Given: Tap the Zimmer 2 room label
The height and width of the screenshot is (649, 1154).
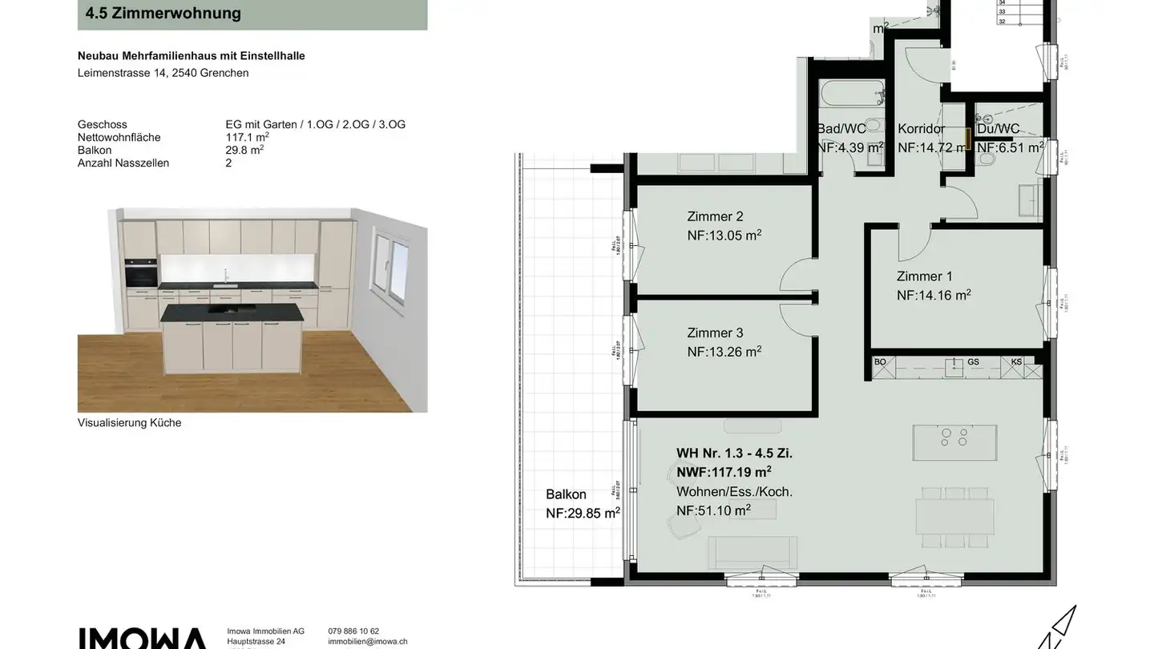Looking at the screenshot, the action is [715, 216].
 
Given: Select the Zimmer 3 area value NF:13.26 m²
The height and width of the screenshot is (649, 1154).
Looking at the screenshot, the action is [724, 350].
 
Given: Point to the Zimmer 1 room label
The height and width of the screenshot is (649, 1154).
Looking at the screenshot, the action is [924, 276].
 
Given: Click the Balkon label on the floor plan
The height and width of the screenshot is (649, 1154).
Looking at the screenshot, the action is [566, 494].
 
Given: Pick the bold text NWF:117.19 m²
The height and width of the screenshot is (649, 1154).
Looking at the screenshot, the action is [723, 472].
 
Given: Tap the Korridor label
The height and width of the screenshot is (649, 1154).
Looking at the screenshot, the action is [921, 129].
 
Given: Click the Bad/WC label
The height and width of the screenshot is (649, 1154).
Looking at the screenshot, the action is [841, 129].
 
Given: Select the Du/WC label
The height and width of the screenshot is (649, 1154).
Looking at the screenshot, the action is [999, 129].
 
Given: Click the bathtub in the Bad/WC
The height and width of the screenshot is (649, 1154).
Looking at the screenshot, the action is [851, 95].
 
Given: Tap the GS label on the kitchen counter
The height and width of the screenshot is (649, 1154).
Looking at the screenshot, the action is [973, 362].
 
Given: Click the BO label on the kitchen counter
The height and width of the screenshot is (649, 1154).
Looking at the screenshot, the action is [880, 362].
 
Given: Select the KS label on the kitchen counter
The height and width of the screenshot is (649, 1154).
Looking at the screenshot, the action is [1016, 362].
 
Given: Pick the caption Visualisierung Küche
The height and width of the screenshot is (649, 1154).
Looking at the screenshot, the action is [129, 423].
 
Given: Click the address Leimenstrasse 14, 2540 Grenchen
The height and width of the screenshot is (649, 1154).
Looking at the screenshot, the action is [163, 73].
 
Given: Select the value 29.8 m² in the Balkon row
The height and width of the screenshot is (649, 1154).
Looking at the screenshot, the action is [244, 150].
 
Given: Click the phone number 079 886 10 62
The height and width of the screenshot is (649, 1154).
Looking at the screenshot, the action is [353, 631].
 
